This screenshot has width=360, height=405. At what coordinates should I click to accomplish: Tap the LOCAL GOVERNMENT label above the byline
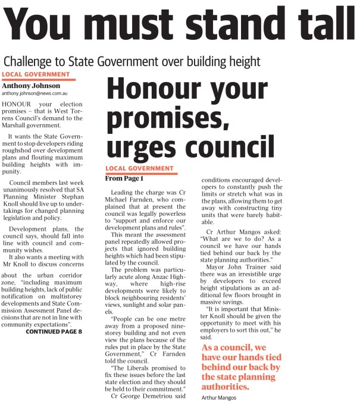click(36, 74)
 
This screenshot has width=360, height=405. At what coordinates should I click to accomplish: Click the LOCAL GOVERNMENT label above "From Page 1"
click(139, 169)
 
